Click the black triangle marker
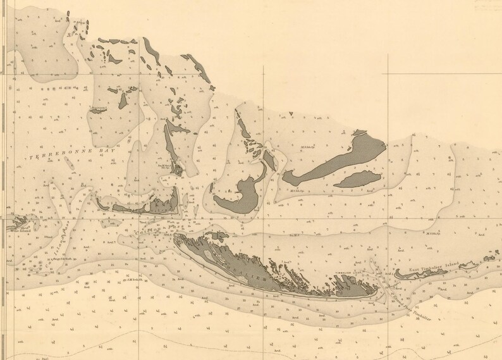pos(291,114)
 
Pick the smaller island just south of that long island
pos(358,180)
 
